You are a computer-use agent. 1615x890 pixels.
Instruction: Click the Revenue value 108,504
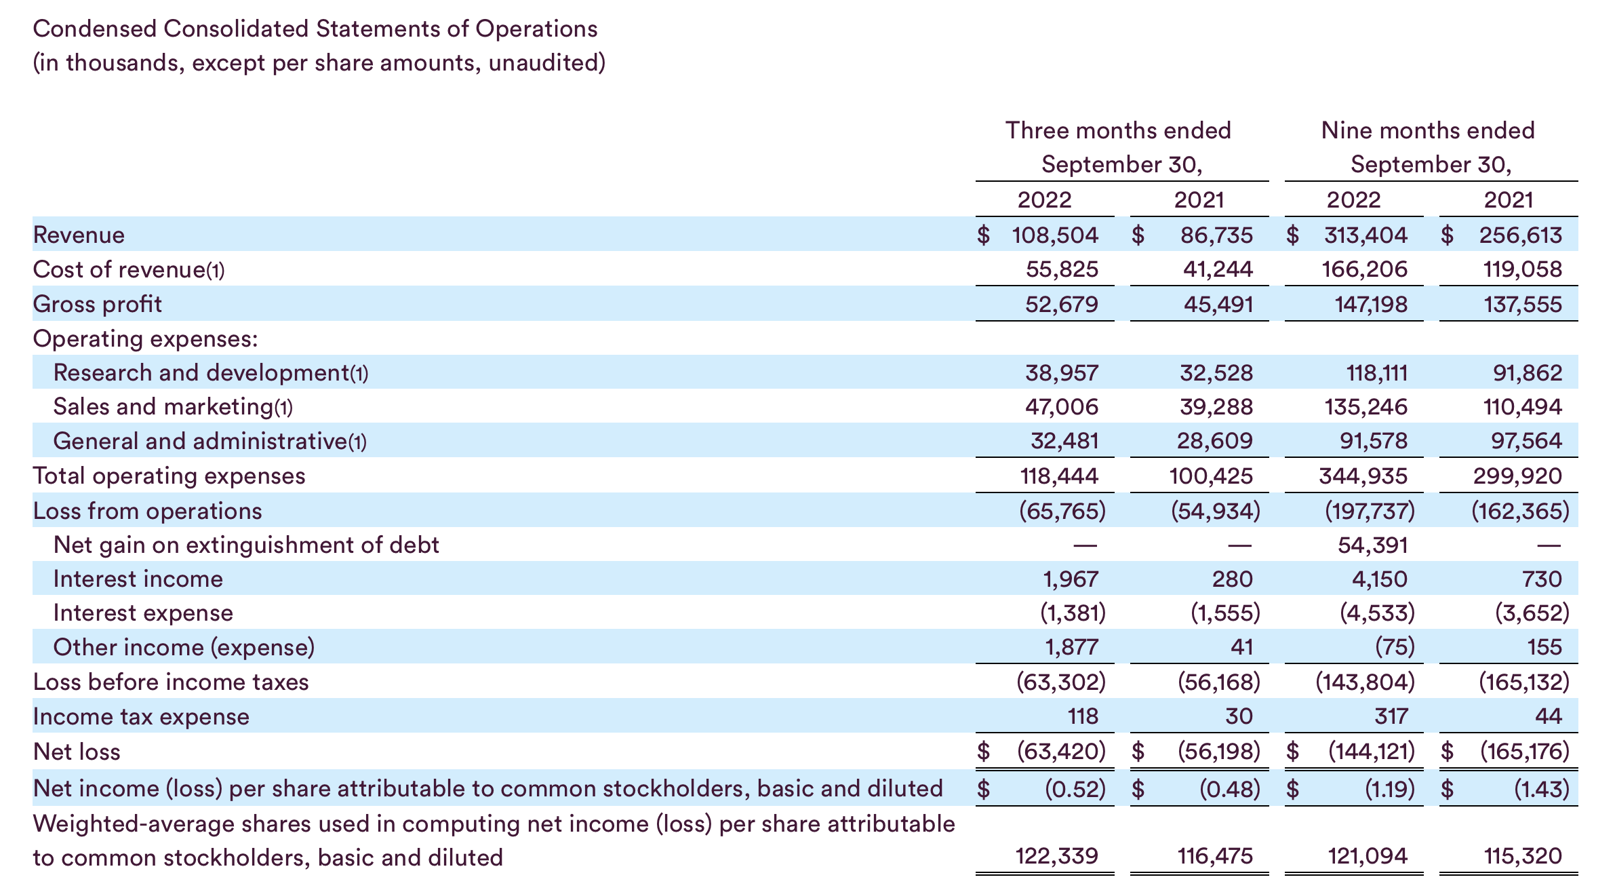(x=1054, y=235)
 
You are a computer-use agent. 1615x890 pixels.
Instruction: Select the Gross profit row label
(x=97, y=304)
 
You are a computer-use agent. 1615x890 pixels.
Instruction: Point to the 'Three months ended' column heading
(x=1117, y=130)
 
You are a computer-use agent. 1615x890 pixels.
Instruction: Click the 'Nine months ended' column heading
(x=1427, y=130)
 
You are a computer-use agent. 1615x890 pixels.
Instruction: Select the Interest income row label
(x=138, y=579)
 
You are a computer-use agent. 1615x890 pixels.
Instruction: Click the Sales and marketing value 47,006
(x=1061, y=406)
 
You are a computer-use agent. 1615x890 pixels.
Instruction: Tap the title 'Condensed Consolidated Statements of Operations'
(x=315, y=29)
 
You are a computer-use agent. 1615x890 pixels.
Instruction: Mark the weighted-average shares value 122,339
(x=1056, y=856)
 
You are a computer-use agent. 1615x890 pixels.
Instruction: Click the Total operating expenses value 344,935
(x=1363, y=476)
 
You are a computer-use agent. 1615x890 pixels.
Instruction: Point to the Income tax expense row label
(x=141, y=716)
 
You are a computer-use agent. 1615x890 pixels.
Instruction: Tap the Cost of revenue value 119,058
(x=1522, y=269)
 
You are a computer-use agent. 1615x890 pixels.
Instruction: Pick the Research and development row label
(x=210, y=372)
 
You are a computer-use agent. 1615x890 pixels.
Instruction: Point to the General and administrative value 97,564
(x=1526, y=441)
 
